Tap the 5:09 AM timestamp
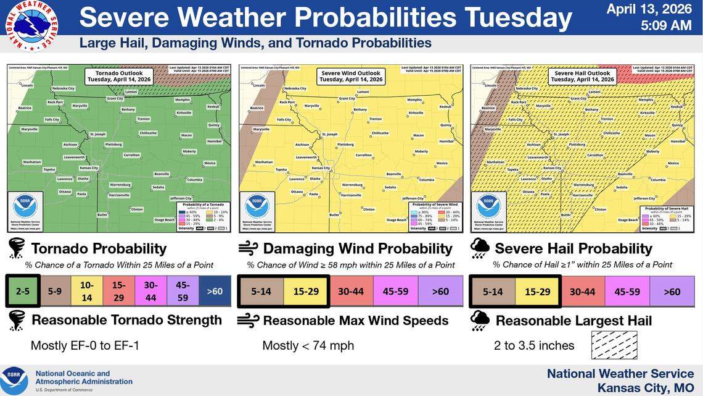pyautogui.click(x=667, y=26)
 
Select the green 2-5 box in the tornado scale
pyautogui.click(x=23, y=290)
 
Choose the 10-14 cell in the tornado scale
pyautogui.click(x=86, y=290)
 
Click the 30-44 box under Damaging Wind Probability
pyautogui.click(x=350, y=291)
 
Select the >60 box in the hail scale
pyautogui.click(x=673, y=292)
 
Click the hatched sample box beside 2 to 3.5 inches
pyautogui.click(x=614, y=345)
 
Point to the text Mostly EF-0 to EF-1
pyautogui.click(x=84, y=345)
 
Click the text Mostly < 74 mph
pyautogui.click(x=308, y=345)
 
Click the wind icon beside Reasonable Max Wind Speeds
pyautogui.click(x=248, y=320)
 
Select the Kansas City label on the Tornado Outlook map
pyautogui.click(x=89, y=168)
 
